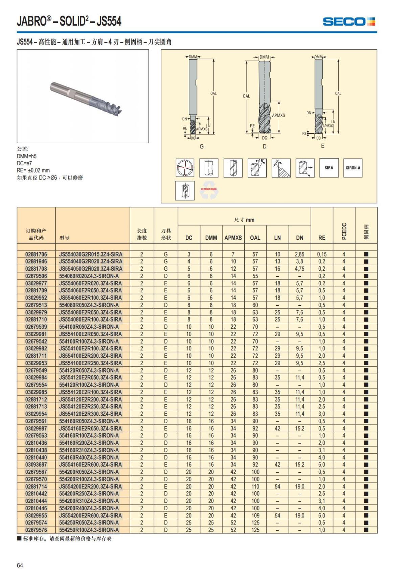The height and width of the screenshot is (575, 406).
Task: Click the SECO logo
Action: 349,22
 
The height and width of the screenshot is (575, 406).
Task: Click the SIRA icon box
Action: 329,168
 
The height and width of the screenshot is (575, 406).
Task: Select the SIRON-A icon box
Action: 353,168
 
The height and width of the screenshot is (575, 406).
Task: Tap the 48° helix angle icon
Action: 257,168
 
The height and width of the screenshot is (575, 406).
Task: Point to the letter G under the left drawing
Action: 202,146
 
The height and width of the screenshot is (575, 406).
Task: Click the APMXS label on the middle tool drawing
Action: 278,115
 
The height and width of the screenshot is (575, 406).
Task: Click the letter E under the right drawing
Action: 322,146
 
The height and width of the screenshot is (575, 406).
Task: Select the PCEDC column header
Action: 344,231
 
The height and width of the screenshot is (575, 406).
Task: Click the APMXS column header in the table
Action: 233,238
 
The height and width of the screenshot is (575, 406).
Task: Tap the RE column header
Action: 322,238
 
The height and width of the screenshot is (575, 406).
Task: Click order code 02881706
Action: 36,254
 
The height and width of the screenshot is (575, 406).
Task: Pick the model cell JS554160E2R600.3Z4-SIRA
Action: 90,465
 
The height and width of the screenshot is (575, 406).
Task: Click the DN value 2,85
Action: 299,254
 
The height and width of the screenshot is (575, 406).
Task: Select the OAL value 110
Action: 255,486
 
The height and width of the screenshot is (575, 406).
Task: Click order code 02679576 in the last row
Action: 36,530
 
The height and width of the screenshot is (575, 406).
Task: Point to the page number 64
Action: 20,565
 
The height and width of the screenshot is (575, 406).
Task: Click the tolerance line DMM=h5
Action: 27,156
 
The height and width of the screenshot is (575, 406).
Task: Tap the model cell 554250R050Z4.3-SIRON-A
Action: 89,522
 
